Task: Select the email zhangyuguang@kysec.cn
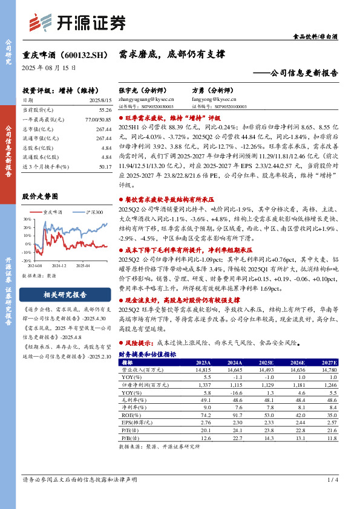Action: click(x=146, y=99)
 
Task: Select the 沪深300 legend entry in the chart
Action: click(x=94, y=213)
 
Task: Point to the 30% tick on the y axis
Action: click(x=27, y=219)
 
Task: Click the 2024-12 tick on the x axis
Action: click(x=58, y=265)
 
